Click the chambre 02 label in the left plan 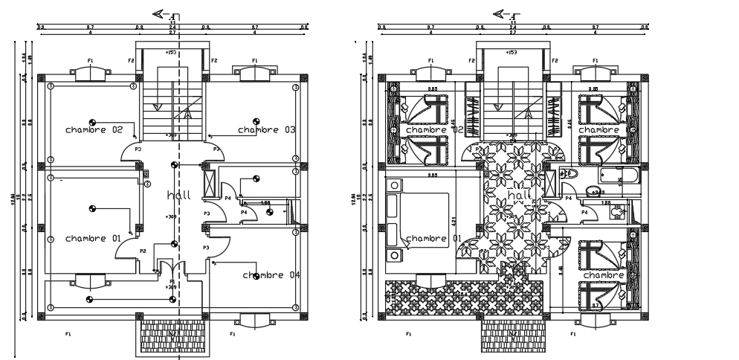[93, 129]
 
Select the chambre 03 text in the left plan [267, 129]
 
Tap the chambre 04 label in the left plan [271, 275]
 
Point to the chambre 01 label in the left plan [93, 238]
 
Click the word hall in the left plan [179, 195]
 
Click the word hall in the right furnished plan [519, 195]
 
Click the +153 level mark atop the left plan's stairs [171, 52]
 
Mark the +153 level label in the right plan [512, 52]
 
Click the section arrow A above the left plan [162, 13]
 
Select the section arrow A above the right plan [503, 13]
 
